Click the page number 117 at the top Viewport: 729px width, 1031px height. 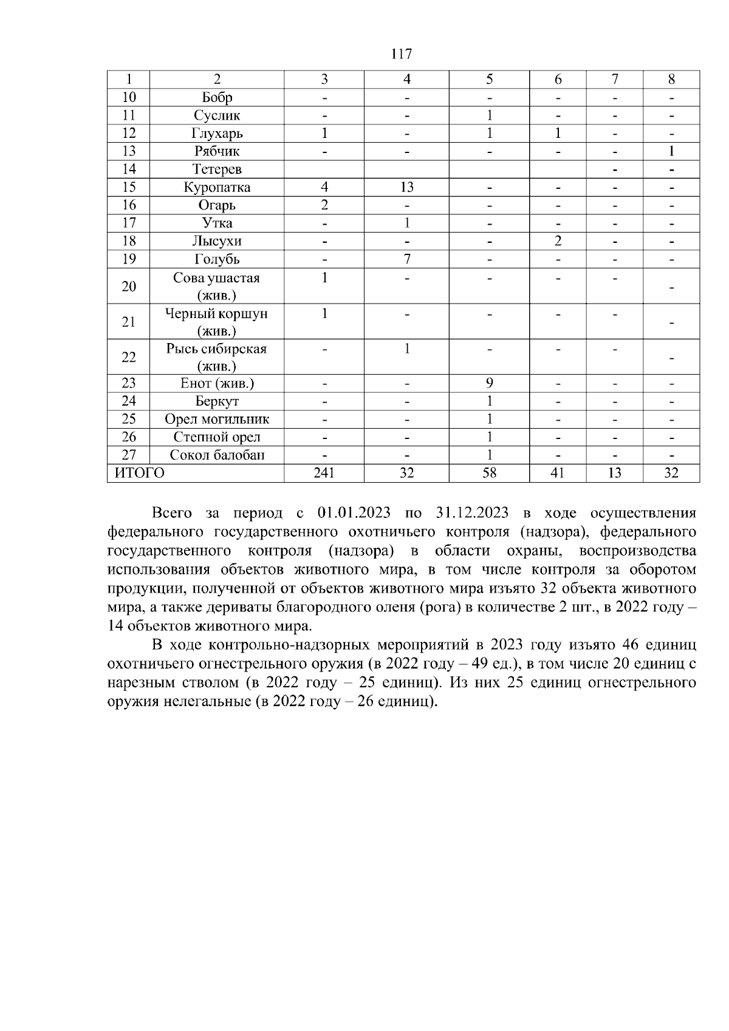[x=402, y=54]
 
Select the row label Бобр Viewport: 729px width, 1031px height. [x=217, y=97]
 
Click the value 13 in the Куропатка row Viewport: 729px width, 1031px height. [x=406, y=187]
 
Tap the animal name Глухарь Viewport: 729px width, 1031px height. [x=217, y=133]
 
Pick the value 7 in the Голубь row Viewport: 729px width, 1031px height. [x=406, y=259]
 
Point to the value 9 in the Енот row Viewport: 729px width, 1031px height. [x=489, y=383]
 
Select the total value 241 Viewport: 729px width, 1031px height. [x=324, y=473]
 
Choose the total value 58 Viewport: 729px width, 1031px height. [x=489, y=473]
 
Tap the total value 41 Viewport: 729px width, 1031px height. [x=557, y=473]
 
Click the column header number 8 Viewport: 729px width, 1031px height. [x=671, y=80]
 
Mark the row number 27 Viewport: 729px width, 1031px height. [x=129, y=455]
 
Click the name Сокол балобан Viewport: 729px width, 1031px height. [x=217, y=455]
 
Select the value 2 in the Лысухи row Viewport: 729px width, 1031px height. [x=557, y=241]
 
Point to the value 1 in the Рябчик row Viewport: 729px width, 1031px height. [x=671, y=151]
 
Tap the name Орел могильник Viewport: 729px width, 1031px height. [x=217, y=420]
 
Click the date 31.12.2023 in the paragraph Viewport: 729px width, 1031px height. [x=472, y=513]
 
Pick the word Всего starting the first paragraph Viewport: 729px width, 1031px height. [x=172, y=513]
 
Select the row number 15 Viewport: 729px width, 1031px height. [x=129, y=187]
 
